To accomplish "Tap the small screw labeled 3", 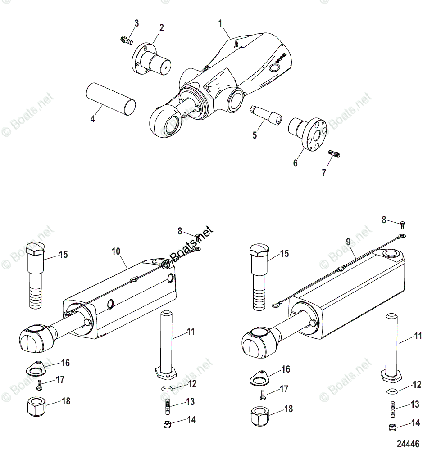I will tap(126, 40).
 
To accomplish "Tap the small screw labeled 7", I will tap(334, 154).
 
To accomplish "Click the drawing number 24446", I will tap(408, 444).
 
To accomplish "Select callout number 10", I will tap(116, 251).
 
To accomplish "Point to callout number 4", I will tap(92, 120).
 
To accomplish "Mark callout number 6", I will tap(296, 163).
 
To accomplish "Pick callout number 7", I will tap(324, 172).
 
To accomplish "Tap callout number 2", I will tap(161, 27).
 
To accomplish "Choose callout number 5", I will tap(255, 135).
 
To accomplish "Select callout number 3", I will tap(136, 23).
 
